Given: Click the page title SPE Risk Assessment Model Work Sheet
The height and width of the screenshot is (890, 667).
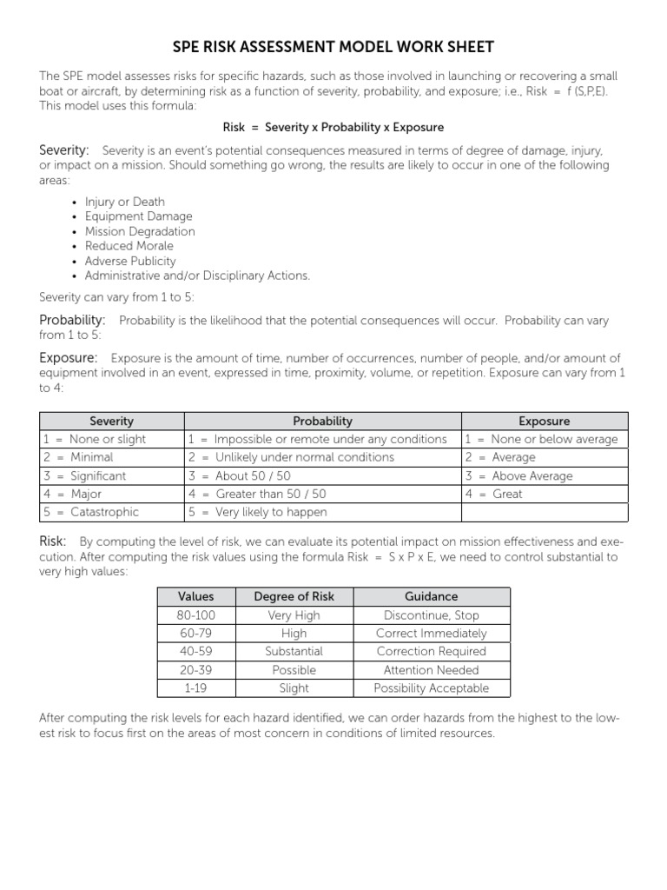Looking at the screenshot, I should (x=333, y=46).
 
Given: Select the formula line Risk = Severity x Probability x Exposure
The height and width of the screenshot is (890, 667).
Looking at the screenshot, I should (x=333, y=127).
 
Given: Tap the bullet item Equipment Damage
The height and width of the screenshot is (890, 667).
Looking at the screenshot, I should (x=139, y=216).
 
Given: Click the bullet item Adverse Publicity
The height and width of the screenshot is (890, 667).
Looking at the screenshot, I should (x=130, y=261).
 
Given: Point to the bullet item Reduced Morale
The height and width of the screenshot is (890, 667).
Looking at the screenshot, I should (x=129, y=246).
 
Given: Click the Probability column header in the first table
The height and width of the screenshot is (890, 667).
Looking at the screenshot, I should (x=322, y=421).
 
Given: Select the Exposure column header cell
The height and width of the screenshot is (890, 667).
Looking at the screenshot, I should (x=544, y=421).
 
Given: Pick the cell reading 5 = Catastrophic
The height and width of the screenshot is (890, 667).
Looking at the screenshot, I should (x=112, y=512).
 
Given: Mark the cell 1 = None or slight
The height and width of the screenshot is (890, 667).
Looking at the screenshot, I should (x=112, y=439).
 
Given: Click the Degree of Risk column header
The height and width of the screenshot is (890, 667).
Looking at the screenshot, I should (x=294, y=596).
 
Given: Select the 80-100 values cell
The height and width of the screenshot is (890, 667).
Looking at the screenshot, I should (x=195, y=614).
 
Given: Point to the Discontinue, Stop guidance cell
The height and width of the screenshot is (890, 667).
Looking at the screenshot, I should (x=432, y=614).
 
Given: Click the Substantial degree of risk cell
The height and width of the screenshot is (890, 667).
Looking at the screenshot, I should (x=294, y=651).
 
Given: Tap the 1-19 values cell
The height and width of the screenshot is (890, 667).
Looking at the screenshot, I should (x=195, y=687).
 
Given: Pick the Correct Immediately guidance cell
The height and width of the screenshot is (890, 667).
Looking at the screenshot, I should (x=432, y=633).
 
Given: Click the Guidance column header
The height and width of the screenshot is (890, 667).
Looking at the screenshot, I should (x=432, y=596).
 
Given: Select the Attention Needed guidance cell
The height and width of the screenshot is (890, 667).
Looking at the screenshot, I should (x=432, y=669).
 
